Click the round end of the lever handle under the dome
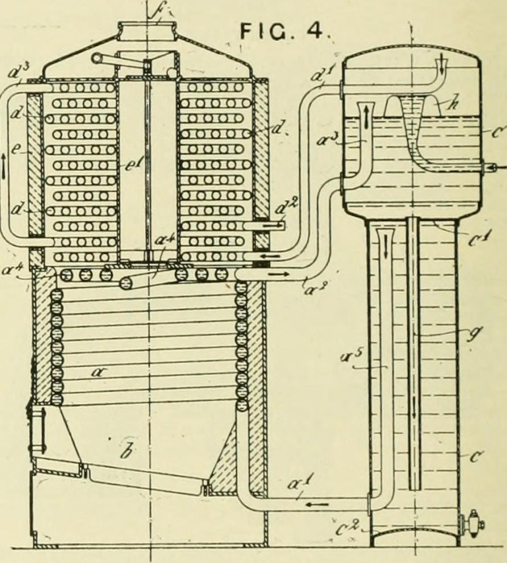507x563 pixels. [98, 59]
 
